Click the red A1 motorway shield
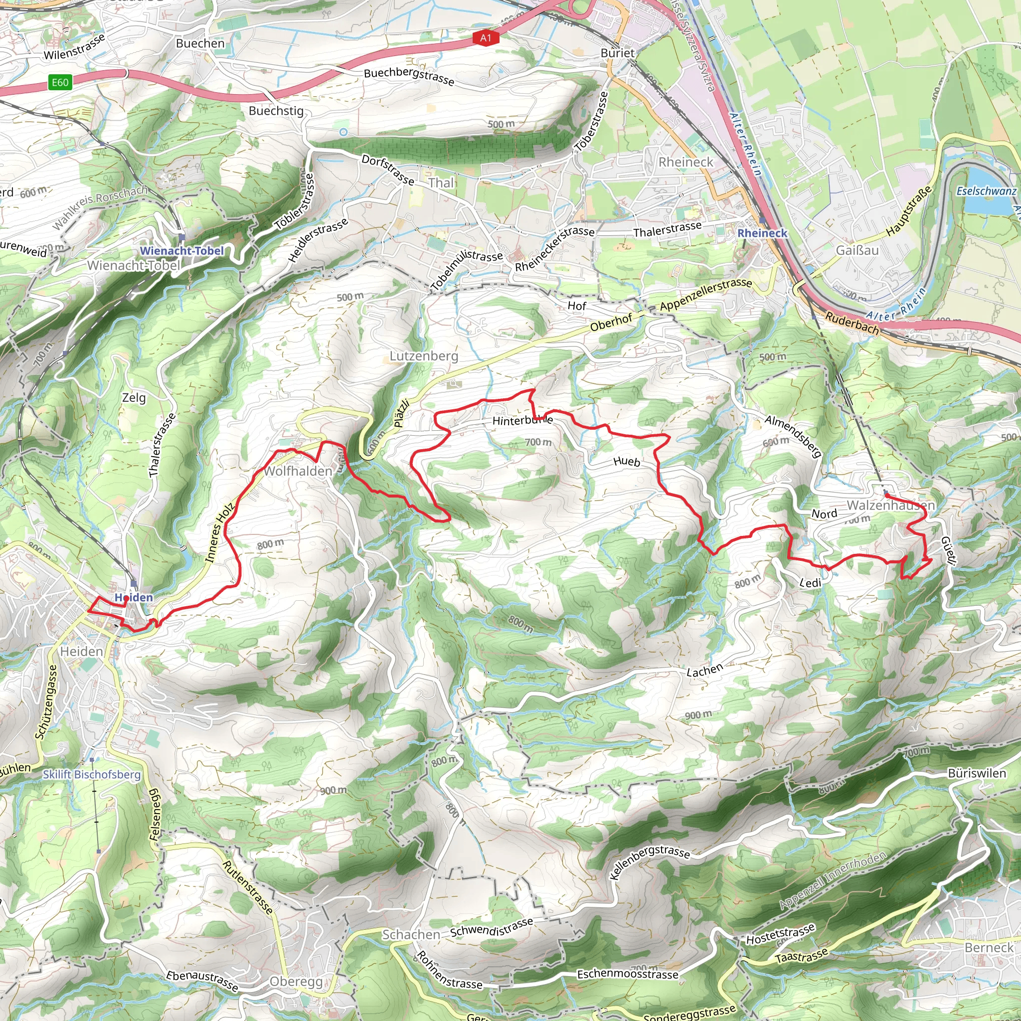point(485,37)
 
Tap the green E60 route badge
point(60,82)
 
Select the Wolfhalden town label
point(298,471)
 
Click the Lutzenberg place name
point(424,355)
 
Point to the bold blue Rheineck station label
point(762,233)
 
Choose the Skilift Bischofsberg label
point(91,774)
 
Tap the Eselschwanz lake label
point(986,191)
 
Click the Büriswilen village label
point(977,773)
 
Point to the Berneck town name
point(989,948)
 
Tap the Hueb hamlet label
point(627,461)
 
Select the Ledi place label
point(810,583)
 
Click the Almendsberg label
point(793,436)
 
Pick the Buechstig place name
point(276,111)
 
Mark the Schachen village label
point(411,934)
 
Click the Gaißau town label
point(857,250)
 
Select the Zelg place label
point(134,397)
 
